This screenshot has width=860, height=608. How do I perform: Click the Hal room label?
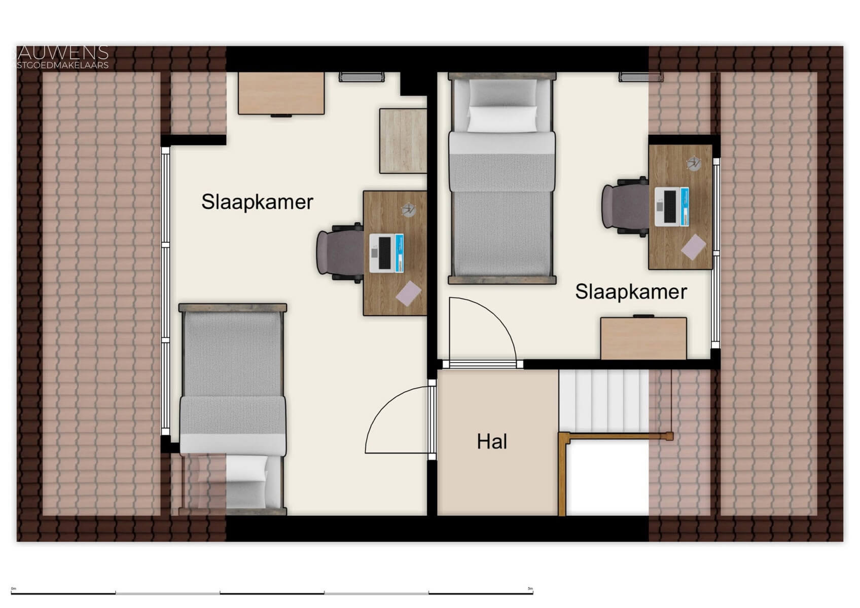(491, 442)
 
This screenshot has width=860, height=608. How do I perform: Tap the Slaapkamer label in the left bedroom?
(257, 202)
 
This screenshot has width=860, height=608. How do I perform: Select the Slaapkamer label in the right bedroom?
(631, 292)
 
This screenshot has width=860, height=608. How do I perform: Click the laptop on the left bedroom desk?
(386, 252)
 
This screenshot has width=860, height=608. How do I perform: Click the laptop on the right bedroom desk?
(671, 206)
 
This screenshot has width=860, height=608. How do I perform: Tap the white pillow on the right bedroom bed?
(501, 119)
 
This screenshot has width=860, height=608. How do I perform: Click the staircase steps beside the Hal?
(603, 400)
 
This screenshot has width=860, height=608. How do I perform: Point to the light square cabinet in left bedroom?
(403, 141)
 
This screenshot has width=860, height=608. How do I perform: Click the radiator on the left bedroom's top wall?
(362, 77)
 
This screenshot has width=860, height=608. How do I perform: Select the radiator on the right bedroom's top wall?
(640, 77)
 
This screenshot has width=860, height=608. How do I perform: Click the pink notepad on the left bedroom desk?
(408, 293)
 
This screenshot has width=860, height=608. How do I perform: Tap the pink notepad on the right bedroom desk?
(693, 247)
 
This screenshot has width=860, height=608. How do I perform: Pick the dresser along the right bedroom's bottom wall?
(643, 338)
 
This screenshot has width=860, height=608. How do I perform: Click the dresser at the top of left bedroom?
(281, 93)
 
